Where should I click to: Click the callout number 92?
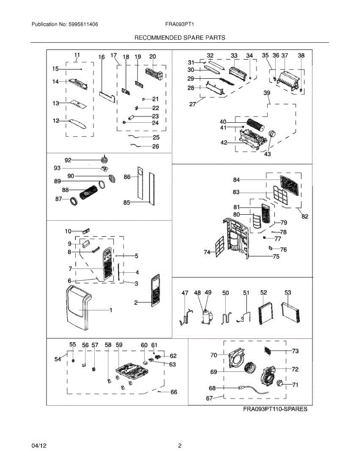tap(68, 160)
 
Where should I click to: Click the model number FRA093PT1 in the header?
tap(179, 24)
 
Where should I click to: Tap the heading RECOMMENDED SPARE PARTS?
tap(180, 38)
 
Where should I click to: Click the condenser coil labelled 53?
tap(292, 312)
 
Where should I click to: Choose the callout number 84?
tap(237, 180)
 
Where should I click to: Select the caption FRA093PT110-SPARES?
tap(275, 409)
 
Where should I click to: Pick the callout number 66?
tap(174, 392)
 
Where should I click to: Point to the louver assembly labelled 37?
tap(288, 79)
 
